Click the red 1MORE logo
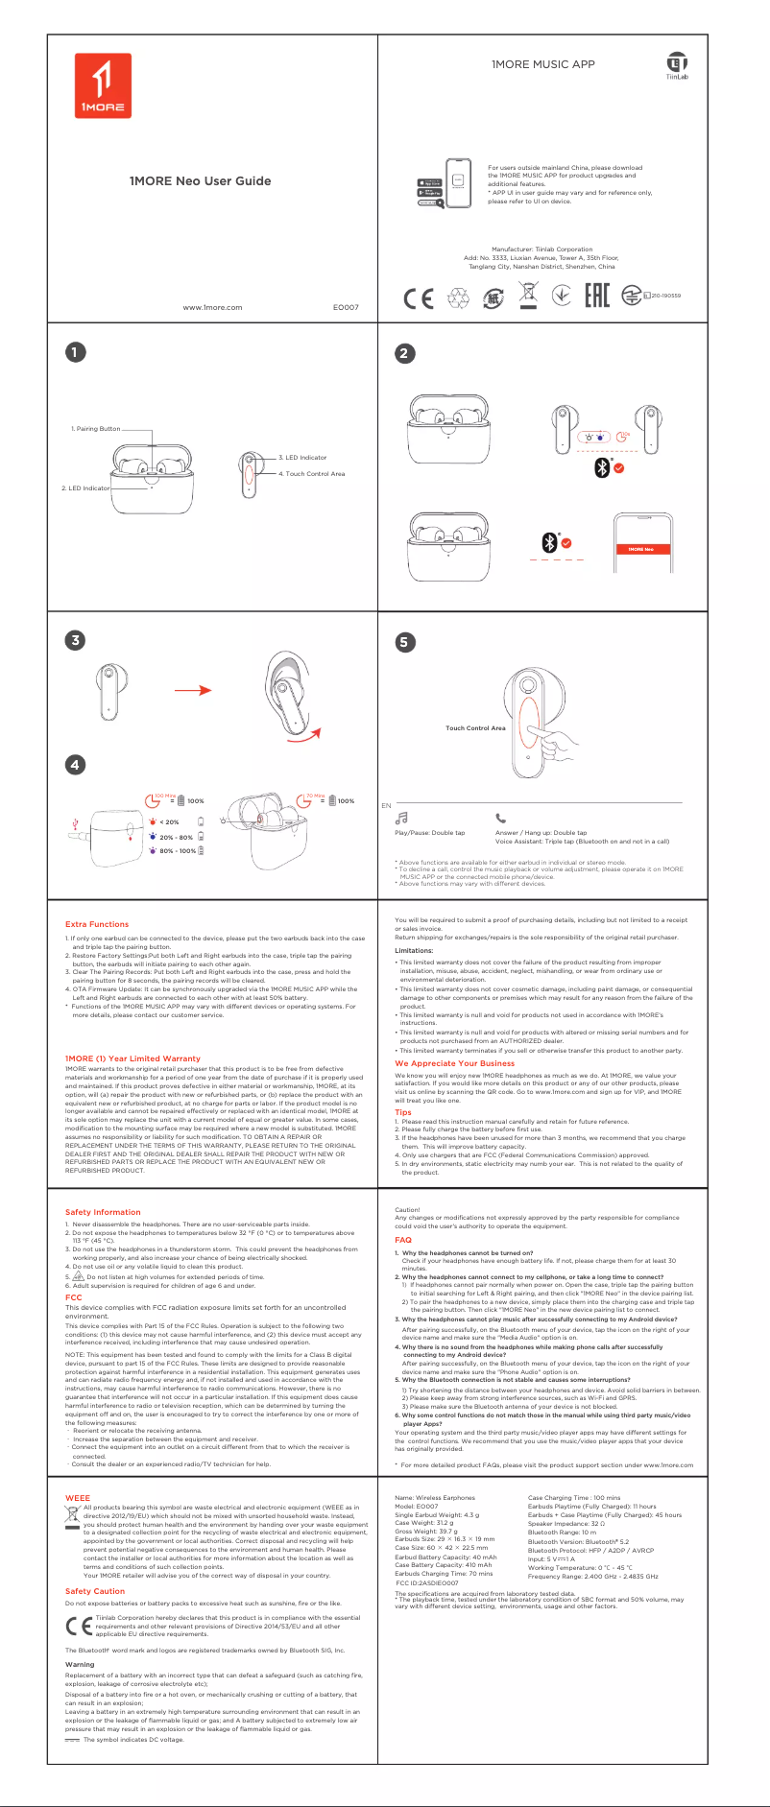click(103, 84)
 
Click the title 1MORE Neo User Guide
click(200, 180)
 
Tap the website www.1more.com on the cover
click(212, 307)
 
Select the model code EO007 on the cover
click(346, 307)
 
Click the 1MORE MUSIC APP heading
click(543, 64)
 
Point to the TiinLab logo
click(677, 66)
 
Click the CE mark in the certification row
click(419, 298)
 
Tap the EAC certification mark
click(597, 297)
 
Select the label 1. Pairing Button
click(96, 429)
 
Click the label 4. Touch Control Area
click(311, 474)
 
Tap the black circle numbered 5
click(404, 642)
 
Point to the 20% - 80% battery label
click(176, 837)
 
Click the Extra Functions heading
click(96, 924)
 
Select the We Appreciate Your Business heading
click(454, 1063)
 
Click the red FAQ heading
click(402, 1240)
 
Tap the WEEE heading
click(77, 1497)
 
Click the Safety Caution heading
click(95, 1591)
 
